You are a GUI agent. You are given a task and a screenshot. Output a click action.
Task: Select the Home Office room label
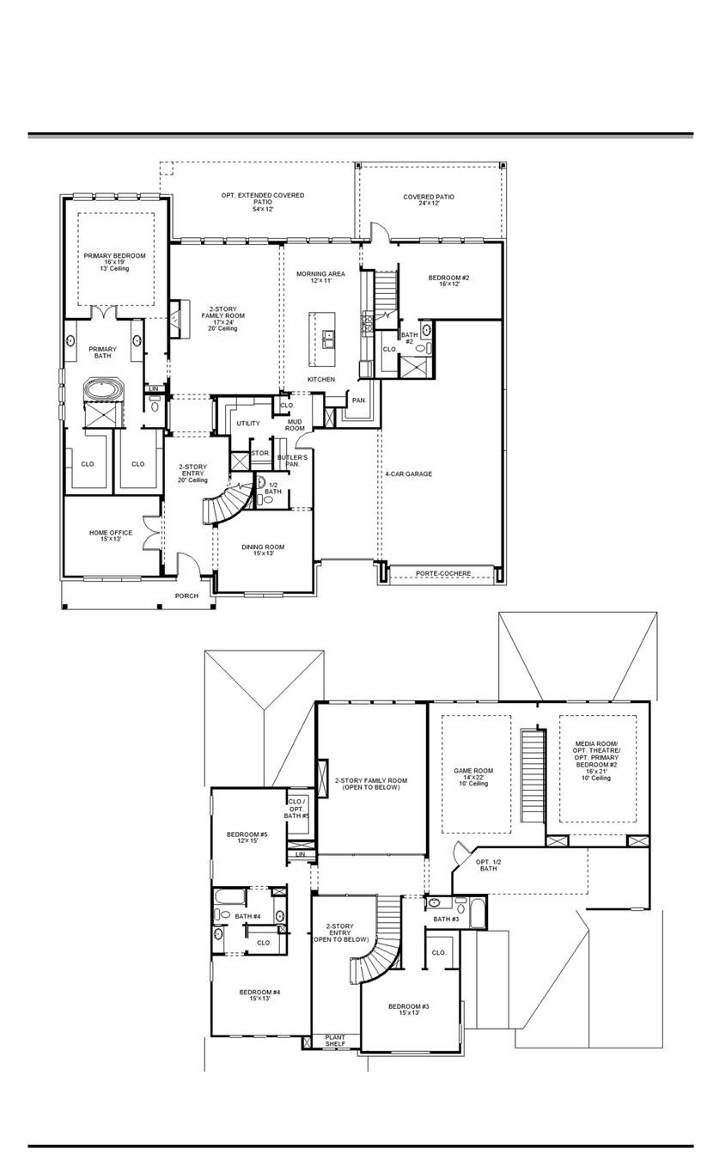pos(111,536)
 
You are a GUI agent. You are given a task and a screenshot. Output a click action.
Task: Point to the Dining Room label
pos(263,550)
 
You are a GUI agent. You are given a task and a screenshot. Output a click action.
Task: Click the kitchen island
pos(328,339)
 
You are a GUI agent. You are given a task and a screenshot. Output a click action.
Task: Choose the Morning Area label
pos(320,277)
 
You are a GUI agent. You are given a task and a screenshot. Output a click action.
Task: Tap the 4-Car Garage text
pos(409,474)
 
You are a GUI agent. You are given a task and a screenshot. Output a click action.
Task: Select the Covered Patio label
pos(429,200)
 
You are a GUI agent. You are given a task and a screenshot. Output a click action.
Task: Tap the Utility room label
pos(248,424)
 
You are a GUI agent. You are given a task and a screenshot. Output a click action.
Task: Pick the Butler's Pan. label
pos(292,461)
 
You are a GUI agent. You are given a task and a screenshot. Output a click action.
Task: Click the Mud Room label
pos(295,425)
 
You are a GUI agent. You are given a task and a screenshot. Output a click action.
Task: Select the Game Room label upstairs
pos(473,774)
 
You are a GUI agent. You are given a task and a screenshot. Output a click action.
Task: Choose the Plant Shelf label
pos(335,1041)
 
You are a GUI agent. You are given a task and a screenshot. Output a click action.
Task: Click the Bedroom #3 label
pos(409,1010)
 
